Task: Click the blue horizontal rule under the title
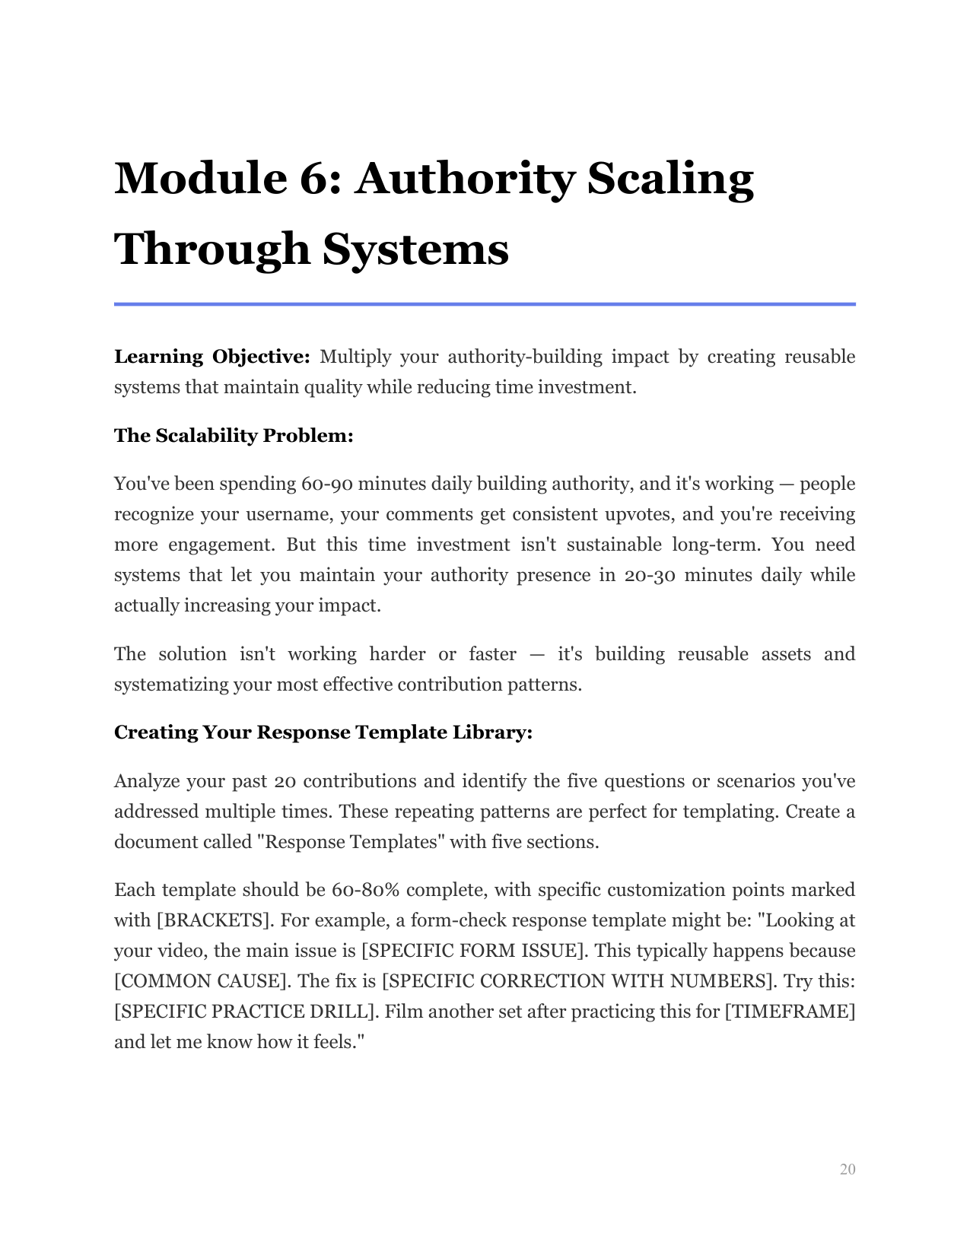(x=485, y=304)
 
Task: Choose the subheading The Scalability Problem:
(x=234, y=436)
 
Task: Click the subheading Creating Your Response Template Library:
(x=323, y=732)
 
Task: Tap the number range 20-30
(x=649, y=575)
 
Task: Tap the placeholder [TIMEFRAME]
(x=790, y=1012)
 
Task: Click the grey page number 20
(x=848, y=1169)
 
